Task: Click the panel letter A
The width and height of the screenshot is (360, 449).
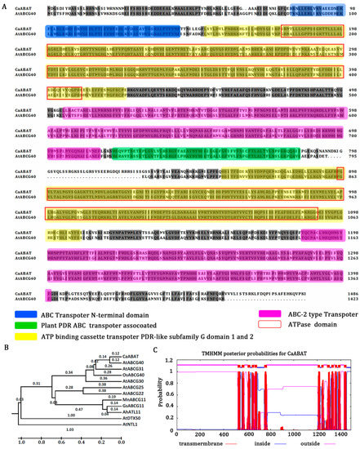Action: (4, 4)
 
